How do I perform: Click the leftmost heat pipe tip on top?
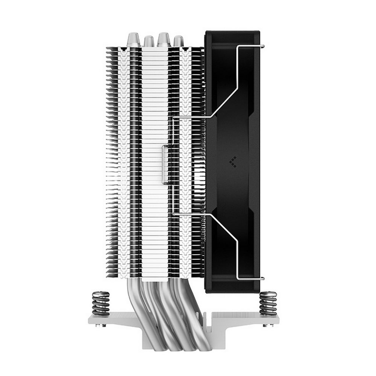[x=132, y=39]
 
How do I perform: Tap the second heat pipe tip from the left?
[x=149, y=41]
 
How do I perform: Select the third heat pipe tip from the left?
[x=164, y=39]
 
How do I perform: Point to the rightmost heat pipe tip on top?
[x=178, y=41]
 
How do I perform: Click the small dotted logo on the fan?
[x=233, y=160]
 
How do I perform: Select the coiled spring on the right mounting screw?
[x=268, y=303]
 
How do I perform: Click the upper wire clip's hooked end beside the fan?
[x=262, y=46]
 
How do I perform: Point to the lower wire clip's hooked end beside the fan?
[x=262, y=279]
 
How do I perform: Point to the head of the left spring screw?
[x=100, y=292]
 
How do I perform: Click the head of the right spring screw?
[x=268, y=292]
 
